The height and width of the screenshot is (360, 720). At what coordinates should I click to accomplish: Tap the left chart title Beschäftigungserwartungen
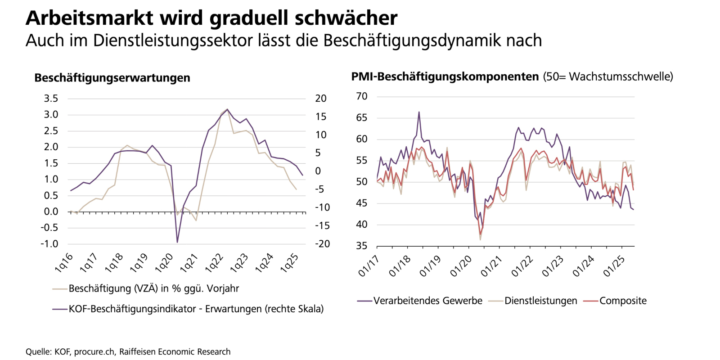coord(112,78)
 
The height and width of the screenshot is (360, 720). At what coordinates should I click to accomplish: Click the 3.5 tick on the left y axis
coord(51,99)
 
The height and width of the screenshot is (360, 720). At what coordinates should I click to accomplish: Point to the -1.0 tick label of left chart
coord(49,244)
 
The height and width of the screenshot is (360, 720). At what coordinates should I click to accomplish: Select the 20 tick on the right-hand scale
coord(320,99)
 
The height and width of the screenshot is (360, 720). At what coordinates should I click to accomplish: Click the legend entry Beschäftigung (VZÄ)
coord(153,288)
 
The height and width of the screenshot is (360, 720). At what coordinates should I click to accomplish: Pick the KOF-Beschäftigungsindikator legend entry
coord(196,309)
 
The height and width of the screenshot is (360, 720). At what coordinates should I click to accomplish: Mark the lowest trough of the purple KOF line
coord(177,243)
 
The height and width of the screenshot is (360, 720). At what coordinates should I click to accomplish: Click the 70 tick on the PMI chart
coord(361,96)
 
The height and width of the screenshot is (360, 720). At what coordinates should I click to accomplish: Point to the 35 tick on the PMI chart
coord(361,246)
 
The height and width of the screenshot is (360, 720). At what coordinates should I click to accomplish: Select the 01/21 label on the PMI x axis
coord(491,266)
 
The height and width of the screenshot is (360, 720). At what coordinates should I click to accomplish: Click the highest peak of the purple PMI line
coord(419,112)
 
